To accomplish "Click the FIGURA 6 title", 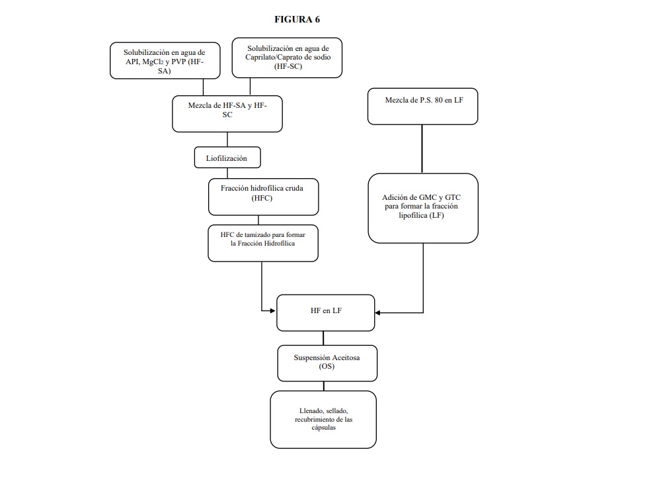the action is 297,19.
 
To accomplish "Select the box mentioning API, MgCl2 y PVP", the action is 165,60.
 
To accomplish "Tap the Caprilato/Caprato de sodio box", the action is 287,58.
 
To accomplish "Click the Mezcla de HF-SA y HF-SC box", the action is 227,114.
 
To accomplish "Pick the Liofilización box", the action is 227,158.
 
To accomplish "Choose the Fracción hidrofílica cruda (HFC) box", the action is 264,197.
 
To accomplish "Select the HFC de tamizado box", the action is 263,243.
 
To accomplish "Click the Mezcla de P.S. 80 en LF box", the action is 423,107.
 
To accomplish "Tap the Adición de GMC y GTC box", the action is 423,208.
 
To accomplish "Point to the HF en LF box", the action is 325,313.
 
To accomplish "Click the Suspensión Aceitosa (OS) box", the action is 327,363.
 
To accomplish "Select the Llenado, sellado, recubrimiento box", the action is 323,419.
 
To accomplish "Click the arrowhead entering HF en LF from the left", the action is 273,311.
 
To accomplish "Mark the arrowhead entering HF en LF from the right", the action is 377,313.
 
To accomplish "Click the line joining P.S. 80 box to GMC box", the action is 422,149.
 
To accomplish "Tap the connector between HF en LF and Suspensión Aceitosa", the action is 323,338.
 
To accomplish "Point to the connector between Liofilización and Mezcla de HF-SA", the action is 227,139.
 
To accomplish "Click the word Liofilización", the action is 226,158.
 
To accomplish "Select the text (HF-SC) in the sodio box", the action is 288,66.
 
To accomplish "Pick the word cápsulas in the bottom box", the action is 324,427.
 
